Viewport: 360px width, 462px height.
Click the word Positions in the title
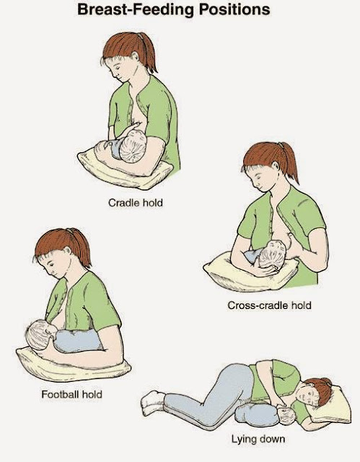coord(234,9)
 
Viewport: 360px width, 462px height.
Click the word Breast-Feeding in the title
coord(136,9)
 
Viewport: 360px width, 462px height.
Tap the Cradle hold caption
coord(136,203)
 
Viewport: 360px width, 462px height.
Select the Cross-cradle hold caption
coord(269,305)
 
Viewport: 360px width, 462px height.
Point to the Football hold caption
coord(71,394)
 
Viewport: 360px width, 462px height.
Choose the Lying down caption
coord(258,440)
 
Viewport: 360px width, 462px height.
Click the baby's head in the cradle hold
coord(133,146)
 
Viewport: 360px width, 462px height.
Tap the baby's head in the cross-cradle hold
coord(272,255)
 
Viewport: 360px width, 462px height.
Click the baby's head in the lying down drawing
coord(287,416)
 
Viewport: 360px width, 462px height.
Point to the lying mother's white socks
coord(152,403)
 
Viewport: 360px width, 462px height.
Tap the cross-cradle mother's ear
coord(276,165)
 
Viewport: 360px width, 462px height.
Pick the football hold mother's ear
coord(67,251)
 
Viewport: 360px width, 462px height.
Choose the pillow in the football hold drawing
coord(74,365)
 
